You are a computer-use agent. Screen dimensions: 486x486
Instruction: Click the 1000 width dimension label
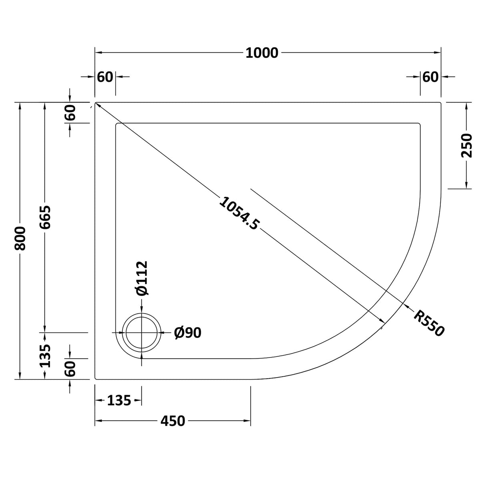[262, 53]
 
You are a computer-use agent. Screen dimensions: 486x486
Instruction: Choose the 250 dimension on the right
[467, 145]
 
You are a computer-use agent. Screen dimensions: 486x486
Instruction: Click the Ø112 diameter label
[142, 278]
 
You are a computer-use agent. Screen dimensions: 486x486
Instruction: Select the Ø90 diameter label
[188, 332]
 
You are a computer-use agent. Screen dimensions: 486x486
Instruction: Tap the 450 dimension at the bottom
[173, 421]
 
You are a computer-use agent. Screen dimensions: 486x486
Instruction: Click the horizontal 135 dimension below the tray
[119, 400]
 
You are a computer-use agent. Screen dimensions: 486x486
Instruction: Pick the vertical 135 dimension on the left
[45, 355]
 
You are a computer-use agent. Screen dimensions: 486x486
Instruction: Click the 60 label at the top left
[105, 76]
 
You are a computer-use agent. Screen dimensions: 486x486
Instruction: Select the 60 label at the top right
[430, 76]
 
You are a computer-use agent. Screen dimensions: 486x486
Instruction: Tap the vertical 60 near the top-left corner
[70, 112]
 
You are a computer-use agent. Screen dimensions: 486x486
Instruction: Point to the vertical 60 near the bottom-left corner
[70, 368]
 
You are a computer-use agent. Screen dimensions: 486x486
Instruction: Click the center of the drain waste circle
[142, 333]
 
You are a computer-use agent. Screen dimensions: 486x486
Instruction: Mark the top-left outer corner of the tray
[95, 102]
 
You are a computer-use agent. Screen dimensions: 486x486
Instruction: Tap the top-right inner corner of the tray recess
[420, 124]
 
